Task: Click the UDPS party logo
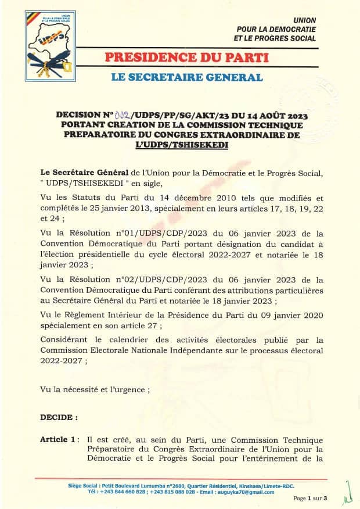point(49,44)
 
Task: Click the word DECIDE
point(58,417)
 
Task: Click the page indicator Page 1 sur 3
point(311,499)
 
